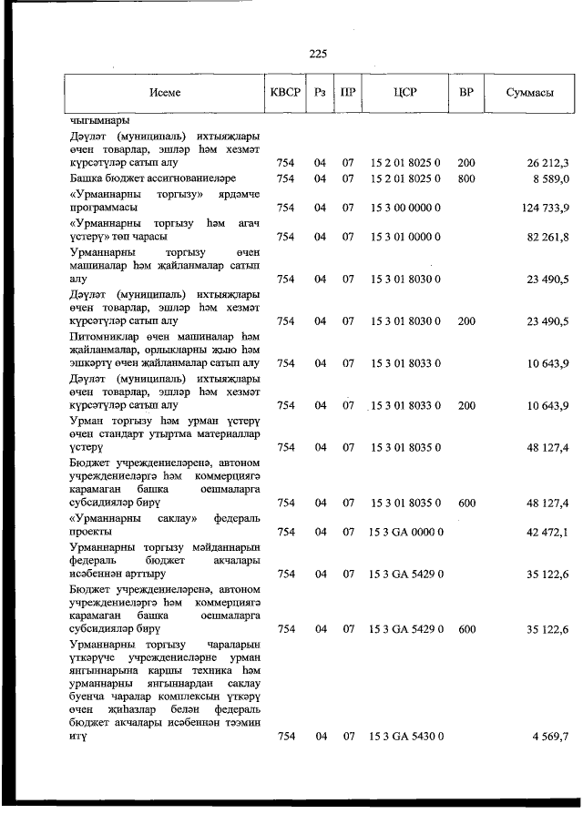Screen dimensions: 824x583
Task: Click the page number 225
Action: click(x=318, y=54)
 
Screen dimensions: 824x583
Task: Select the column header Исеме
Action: click(x=166, y=93)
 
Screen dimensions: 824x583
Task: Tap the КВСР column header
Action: click(x=286, y=93)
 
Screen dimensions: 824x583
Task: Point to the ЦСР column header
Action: click(x=405, y=93)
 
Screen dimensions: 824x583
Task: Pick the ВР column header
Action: click(x=466, y=93)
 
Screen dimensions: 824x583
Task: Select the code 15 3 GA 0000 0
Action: click(x=406, y=532)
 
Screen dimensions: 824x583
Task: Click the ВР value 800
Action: click(x=466, y=178)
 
